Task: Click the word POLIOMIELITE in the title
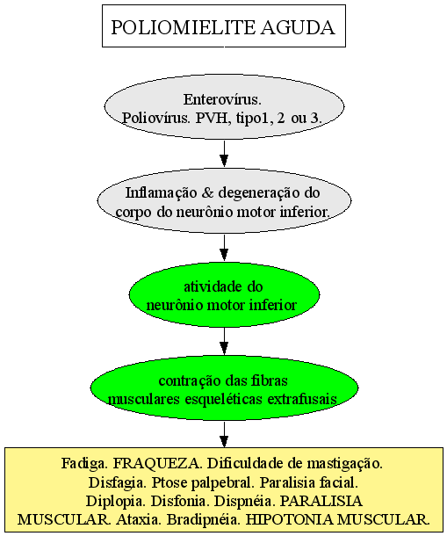coord(184,27)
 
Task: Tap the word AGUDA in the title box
coord(298,27)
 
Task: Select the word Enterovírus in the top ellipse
coord(222,99)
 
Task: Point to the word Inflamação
coord(161,193)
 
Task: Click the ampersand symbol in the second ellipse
coord(207,193)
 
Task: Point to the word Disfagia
coord(118,482)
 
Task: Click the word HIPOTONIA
coord(289,520)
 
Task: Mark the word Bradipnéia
coord(204,520)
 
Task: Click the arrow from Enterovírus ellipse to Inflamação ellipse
coord(224,154)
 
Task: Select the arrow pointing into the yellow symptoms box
coord(224,434)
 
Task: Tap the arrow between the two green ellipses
coord(224,341)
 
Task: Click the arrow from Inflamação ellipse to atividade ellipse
coord(224,248)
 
